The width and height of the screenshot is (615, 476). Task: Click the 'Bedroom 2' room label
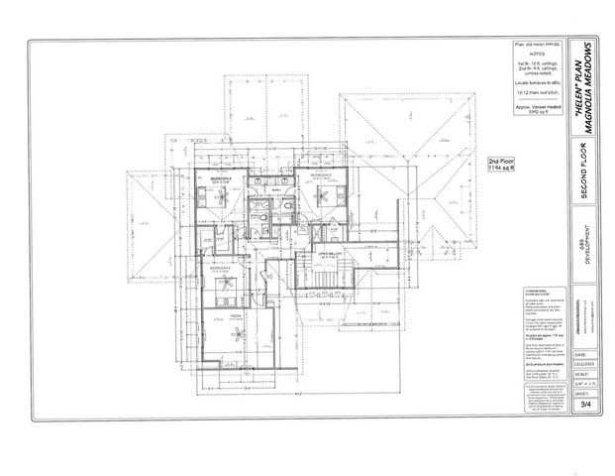[x=217, y=179]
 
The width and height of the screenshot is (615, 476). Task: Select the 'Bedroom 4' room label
[x=221, y=269]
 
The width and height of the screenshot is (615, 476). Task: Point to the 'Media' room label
[x=237, y=315]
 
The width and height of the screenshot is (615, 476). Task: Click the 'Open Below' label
[x=330, y=254]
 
